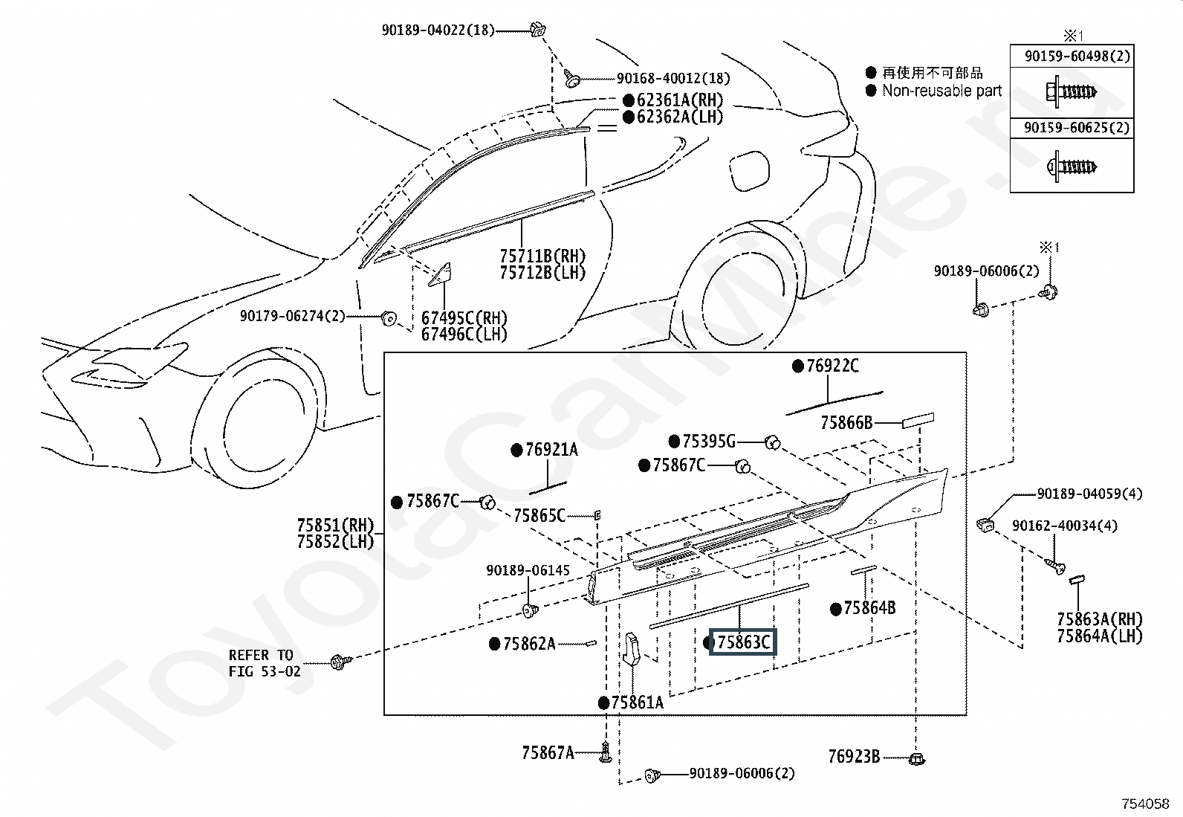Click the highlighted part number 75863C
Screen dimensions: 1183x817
[744, 642]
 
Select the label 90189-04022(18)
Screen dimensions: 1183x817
[438, 30]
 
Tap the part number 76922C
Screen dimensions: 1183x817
[833, 366]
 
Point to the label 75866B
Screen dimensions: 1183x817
[846, 423]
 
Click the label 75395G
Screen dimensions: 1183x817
[709, 442]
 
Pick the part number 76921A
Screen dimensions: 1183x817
[552, 450]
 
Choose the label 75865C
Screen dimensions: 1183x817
[539, 515]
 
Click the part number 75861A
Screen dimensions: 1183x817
[638, 703]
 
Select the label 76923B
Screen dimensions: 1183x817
[854, 758]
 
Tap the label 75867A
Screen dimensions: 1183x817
[548, 752]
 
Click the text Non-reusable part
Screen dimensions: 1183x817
[941, 91]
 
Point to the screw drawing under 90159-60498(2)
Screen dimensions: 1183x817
[1072, 92]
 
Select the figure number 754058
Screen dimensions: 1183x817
[1146, 804]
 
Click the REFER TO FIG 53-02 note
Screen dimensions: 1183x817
[264, 663]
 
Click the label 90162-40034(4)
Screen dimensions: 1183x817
[1065, 526]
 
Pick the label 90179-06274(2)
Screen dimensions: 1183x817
[292, 316]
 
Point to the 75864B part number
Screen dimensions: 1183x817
[869, 608]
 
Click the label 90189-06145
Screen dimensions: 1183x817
[528, 570]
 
